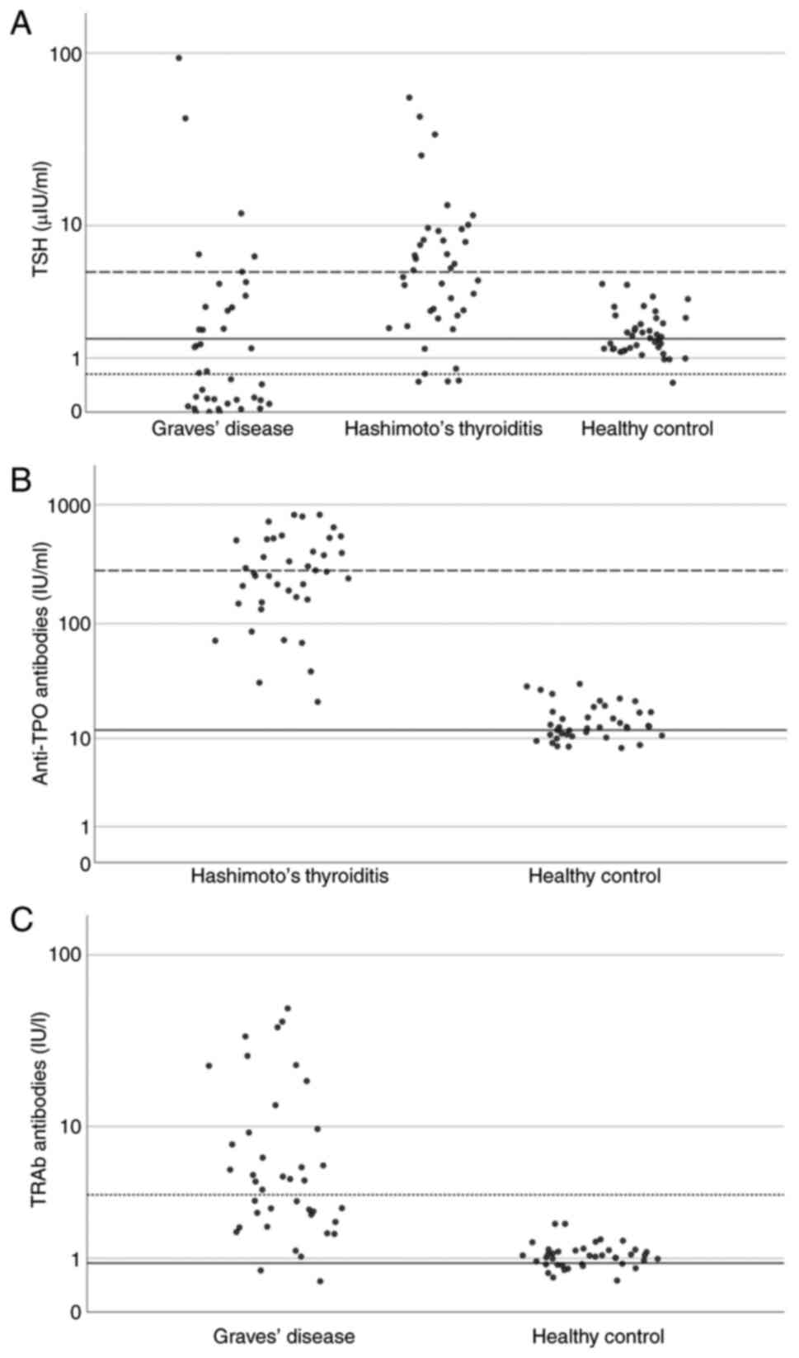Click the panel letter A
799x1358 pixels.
click(x=21, y=24)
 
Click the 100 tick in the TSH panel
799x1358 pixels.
click(x=68, y=54)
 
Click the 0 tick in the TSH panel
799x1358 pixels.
click(x=77, y=411)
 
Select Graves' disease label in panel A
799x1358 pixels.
click(x=222, y=429)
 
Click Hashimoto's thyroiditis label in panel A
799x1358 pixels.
click(x=444, y=429)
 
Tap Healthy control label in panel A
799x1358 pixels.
click(x=647, y=429)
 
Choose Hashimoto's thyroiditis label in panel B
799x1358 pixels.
click(x=289, y=875)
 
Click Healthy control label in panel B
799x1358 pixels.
click(x=595, y=875)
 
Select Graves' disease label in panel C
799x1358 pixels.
click(x=284, y=1336)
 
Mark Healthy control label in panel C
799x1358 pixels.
click(x=598, y=1336)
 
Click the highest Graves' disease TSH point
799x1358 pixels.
click(x=179, y=58)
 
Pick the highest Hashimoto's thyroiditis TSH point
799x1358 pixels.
click(x=409, y=97)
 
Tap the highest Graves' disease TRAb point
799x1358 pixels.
click(x=288, y=1008)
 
